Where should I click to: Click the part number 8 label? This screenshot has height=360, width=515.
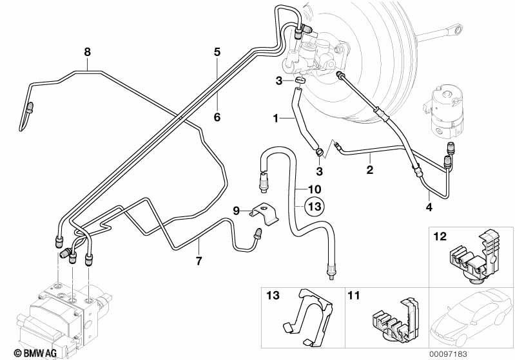pos(88,51)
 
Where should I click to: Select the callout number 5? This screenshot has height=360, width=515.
pos(217,51)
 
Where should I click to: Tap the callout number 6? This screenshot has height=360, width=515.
pos(217,117)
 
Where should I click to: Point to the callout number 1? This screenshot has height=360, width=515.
pos(275,118)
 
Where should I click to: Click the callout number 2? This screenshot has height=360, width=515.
pos(370,170)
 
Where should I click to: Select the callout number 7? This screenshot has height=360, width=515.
pos(199,261)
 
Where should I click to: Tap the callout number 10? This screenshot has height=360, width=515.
pos(313,189)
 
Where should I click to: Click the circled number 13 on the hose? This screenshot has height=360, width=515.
pos(314,207)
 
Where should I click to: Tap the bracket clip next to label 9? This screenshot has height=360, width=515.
pos(264,213)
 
